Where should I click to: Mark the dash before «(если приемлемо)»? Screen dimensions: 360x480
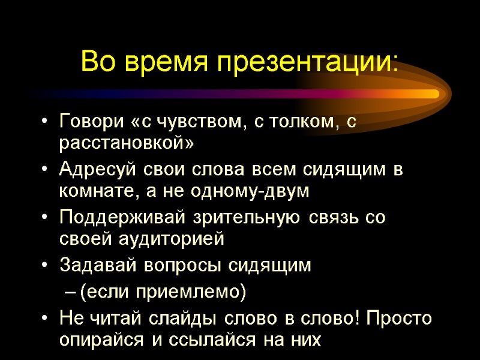click(69, 292)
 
